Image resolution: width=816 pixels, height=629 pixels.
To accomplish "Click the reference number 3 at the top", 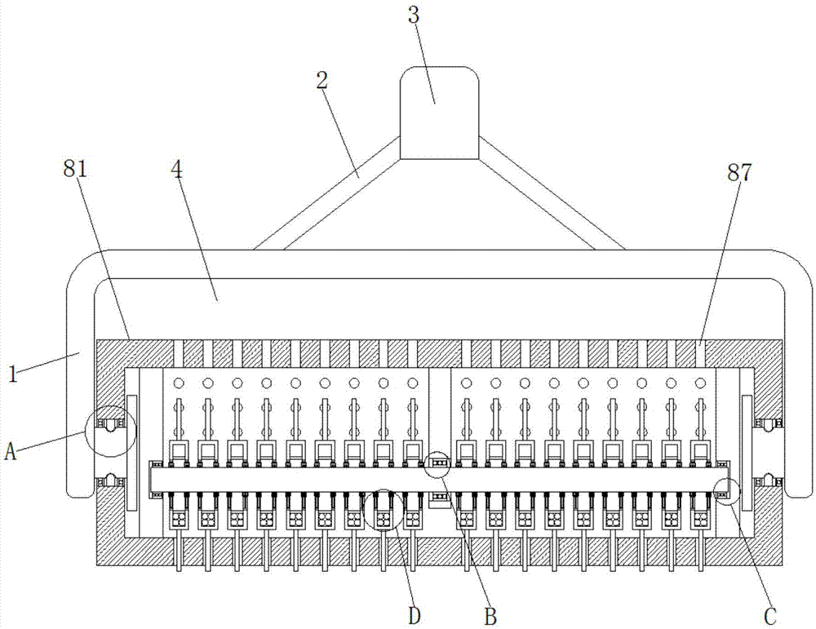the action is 413,15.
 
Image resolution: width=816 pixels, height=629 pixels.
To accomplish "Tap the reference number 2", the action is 322,80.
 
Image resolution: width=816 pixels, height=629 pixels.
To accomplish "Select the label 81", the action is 75,169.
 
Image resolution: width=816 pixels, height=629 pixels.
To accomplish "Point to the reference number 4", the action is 177,171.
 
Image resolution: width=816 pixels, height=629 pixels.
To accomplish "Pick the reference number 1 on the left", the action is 13,374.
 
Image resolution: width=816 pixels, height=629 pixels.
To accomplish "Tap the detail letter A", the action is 11,450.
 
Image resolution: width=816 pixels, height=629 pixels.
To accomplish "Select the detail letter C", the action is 770,617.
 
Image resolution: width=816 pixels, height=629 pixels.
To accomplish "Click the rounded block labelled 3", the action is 439,113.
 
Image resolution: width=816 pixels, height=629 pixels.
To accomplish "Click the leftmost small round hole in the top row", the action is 179,383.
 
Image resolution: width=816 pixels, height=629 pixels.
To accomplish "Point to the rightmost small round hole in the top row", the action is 699,383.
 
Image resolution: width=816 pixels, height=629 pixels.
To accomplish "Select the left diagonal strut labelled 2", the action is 327,193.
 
